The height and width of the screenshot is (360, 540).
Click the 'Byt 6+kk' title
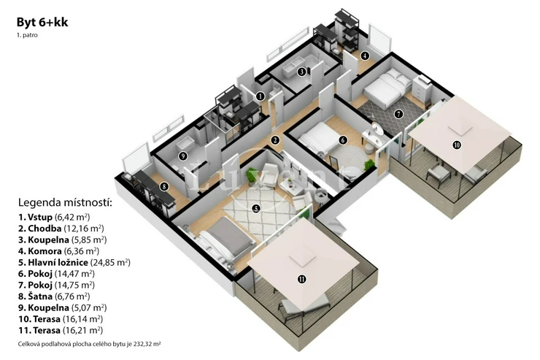(42, 22)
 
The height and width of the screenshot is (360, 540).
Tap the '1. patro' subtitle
(27, 35)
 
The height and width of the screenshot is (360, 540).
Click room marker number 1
(261, 96)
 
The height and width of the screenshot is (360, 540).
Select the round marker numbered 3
(301, 72)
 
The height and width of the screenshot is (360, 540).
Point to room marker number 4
(365, 55)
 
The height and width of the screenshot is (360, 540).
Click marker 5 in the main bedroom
(255, 208)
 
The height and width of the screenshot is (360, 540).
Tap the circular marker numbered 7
(399, 114)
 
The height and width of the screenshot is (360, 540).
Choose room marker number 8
(164, 187)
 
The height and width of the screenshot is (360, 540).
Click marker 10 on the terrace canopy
(457, 145)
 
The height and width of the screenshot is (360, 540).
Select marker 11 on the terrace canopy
(301, 279)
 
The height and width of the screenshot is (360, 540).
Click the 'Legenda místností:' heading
(65, 202)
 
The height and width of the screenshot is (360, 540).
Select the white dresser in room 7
(423, 88)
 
